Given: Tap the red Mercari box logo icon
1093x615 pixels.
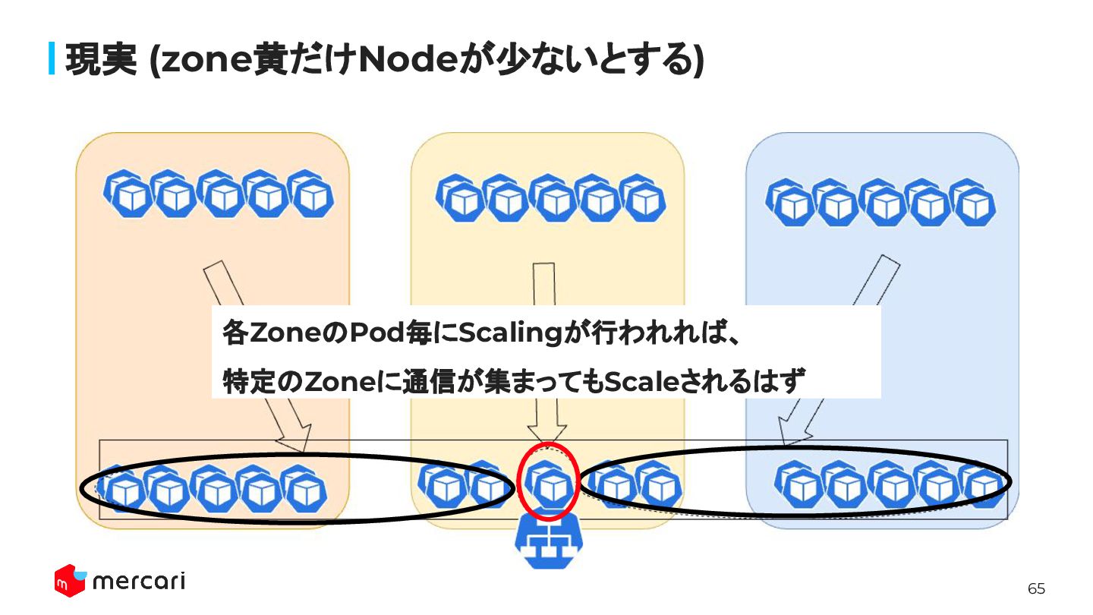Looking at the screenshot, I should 68,581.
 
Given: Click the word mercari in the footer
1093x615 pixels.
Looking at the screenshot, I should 138,582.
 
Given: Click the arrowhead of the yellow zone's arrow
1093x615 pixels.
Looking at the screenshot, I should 547,431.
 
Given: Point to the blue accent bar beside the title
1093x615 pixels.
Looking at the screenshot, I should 52,59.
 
